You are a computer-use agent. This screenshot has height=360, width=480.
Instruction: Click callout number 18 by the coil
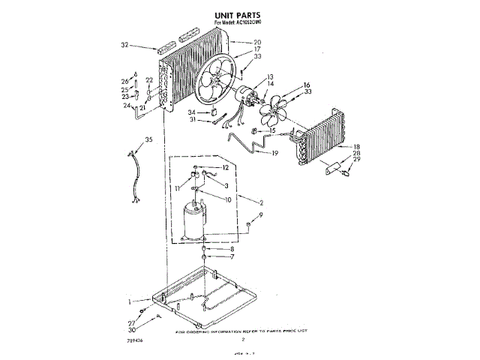(357, 147)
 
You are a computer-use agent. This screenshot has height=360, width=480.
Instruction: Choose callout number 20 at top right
(257, 43)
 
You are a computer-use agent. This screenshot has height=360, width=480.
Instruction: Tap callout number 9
(261, 215)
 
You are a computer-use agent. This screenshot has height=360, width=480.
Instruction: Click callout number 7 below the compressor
(231, 257)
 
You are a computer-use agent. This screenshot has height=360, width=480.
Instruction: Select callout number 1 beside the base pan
(130, 301)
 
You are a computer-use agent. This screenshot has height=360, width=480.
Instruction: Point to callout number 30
(133, 329)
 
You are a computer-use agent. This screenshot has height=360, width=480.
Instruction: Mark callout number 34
(193, 112)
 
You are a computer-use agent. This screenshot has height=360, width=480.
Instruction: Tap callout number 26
(124, 82)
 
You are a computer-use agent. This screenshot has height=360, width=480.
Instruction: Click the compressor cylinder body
(196, 223)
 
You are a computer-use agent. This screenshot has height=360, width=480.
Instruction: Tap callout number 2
(260, 202)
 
